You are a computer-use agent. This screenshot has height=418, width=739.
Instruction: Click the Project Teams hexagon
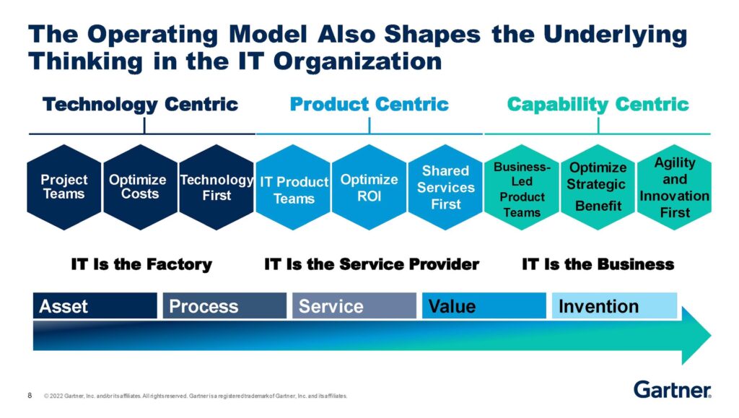point(64,187)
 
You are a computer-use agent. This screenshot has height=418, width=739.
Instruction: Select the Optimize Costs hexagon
point(141,187)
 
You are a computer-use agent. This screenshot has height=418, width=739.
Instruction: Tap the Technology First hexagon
point(217,187)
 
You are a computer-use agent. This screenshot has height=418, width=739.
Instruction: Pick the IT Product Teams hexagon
point(293,187)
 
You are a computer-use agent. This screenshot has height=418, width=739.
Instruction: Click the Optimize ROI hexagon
point(369,187)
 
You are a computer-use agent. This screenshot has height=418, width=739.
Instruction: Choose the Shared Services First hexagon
point(445,187)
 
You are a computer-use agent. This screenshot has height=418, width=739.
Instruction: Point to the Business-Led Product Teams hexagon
point(522,187)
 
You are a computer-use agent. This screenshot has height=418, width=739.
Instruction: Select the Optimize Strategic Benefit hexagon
point(598,187)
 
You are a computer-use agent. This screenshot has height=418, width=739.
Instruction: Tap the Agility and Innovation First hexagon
point(675,187)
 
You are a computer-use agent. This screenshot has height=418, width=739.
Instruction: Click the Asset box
point(95,306)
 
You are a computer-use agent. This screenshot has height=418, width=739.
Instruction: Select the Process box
point(224,306)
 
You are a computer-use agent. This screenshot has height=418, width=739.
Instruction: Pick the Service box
point(354,306)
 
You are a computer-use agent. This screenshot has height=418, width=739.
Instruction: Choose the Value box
point(484,306)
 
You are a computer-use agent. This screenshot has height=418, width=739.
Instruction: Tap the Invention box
point(614,306)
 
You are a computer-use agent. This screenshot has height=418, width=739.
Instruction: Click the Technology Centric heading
point(141,105)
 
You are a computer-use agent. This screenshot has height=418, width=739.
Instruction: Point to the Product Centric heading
point(369,104)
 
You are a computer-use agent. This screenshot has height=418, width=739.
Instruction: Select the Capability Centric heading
point(598,105)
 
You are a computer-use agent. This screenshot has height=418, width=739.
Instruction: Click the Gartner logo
point(673,390)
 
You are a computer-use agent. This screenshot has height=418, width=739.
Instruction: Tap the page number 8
point(30,396)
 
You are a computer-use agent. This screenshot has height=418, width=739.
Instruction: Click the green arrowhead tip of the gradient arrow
point(711,336)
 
